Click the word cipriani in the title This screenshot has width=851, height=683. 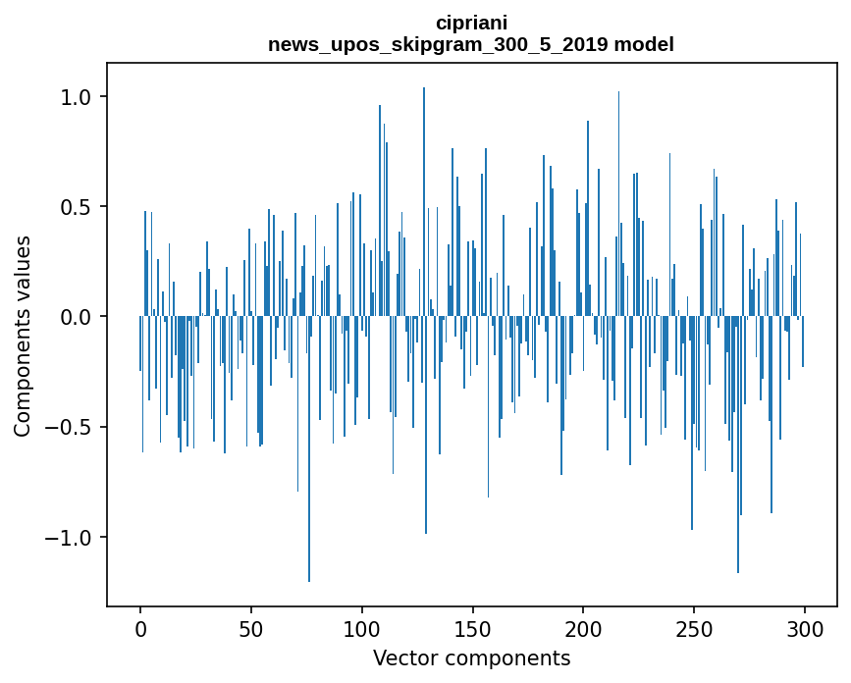[471, 23]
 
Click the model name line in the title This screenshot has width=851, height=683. [471, 44]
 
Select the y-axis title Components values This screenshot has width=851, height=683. [23, 336]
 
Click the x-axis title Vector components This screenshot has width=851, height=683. [471, 658]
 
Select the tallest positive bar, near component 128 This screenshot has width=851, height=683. [424, 196]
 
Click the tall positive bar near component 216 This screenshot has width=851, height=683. [618, 196]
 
